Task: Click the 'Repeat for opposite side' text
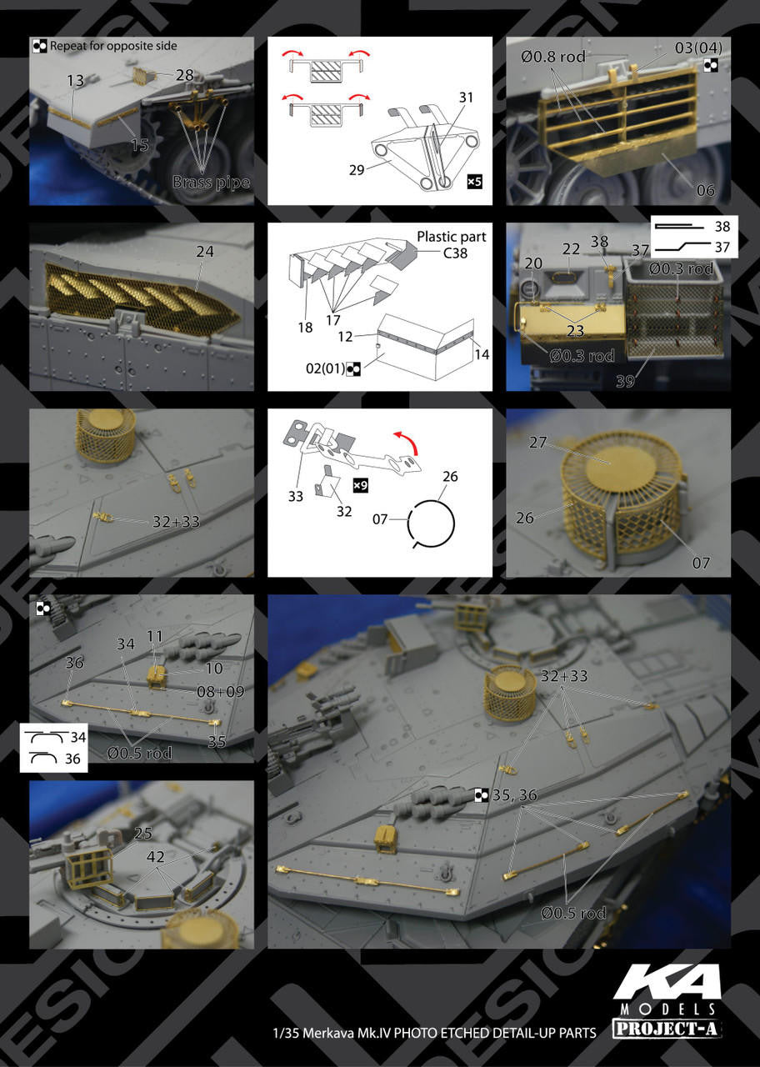point(113,46)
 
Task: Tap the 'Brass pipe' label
point(211,182)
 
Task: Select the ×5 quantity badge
point(474,181)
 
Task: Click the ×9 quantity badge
point(360,485)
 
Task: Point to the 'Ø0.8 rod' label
point(552,57)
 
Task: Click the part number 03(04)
point(698,48)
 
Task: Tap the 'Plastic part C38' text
point(452,244)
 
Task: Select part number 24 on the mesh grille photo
point(205,252)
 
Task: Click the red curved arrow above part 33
point(406,443)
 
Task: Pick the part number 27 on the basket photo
point(537,442)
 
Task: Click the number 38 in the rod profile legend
point(722,226)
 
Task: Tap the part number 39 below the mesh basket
point(625,381)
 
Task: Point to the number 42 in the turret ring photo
point(156,857)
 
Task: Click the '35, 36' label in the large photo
point(514,795)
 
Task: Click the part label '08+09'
point(221,692)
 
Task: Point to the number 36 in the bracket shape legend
point(72,759)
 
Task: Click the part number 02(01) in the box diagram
point(325,368)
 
